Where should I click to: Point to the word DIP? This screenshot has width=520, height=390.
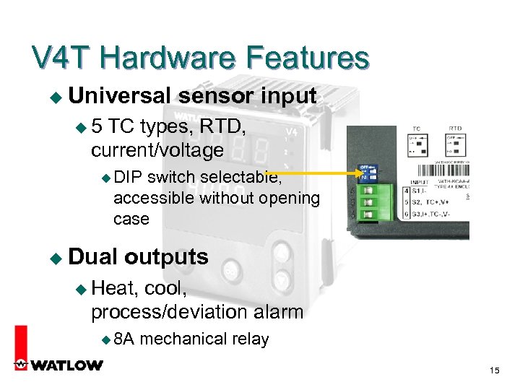point(129,178)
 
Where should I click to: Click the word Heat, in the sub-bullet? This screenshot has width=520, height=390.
point(115,289)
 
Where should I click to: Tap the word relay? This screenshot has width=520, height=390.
point(248,339)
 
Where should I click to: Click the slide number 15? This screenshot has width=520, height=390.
point(494,370)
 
